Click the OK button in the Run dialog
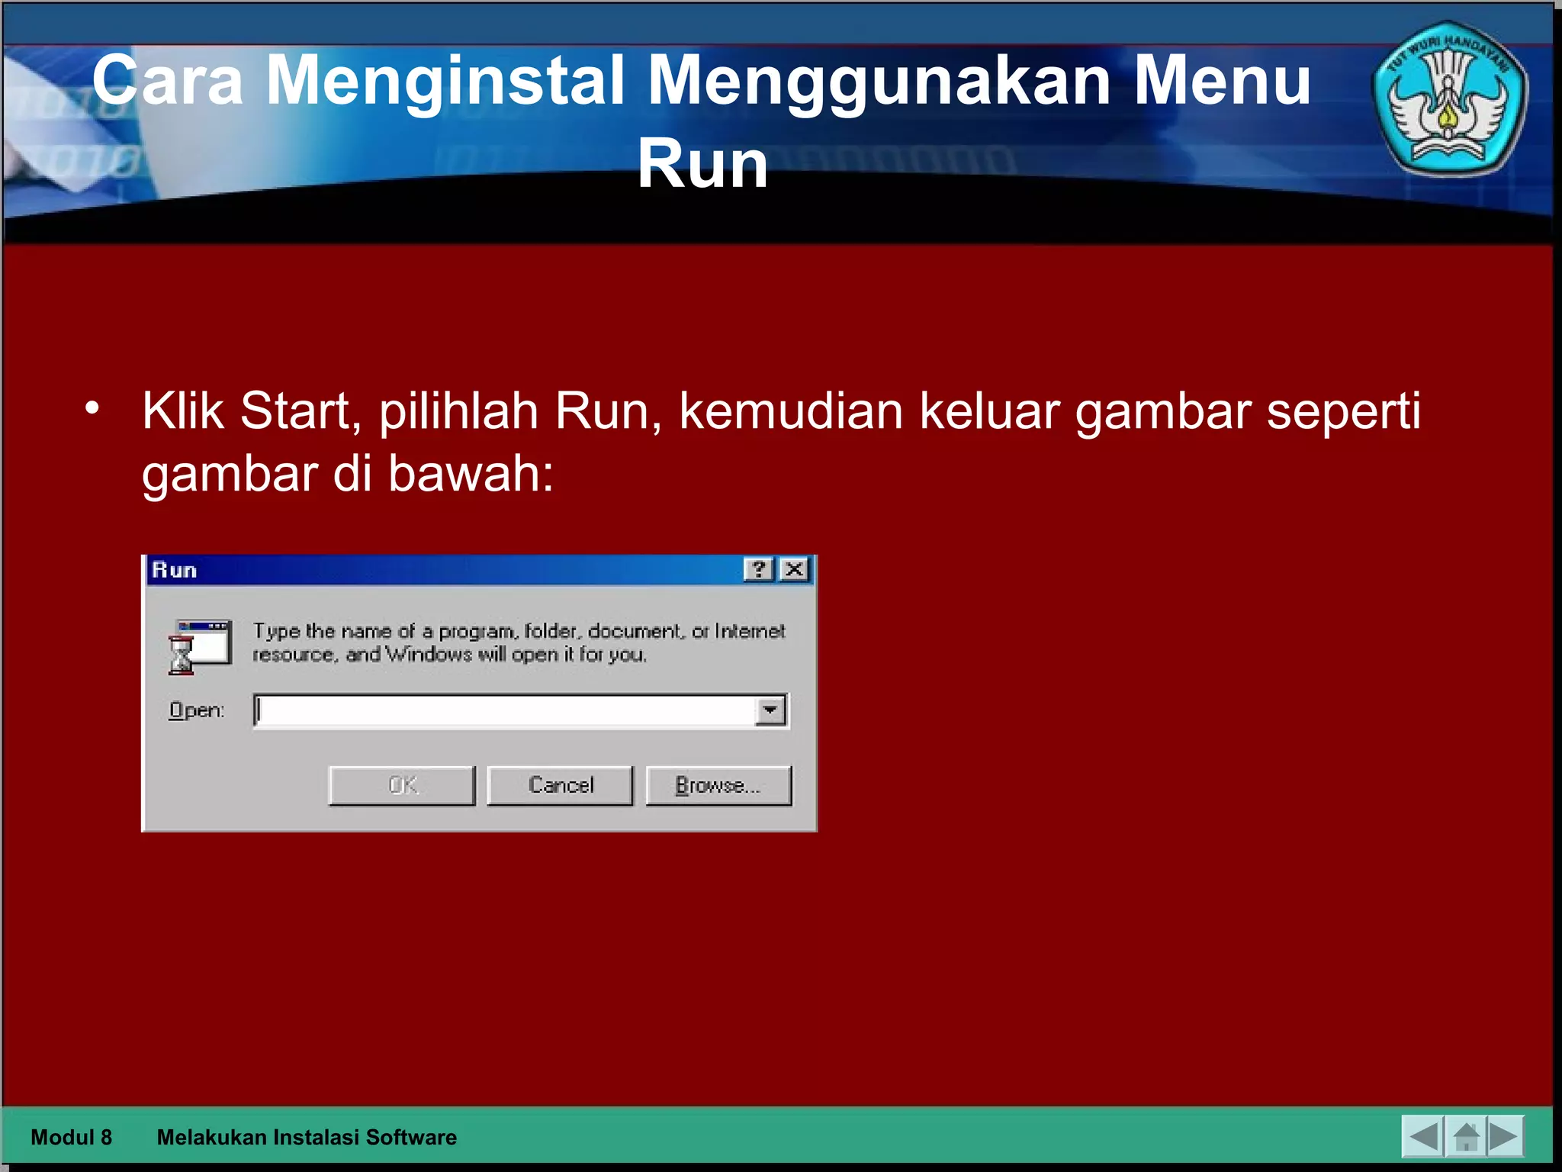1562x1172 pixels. pyautogui.click(x=402, y=785)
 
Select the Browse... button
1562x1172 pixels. pyautogui.click(x=718, y=785)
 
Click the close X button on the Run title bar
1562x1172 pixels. pyautogui.click(x=795, y=569)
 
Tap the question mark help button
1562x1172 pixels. pyautogui.click(x=758, y=569)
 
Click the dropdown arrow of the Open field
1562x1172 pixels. pyautogui.click(x=770, y=710)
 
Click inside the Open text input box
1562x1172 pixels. pyautogui.click(x=503, y=710)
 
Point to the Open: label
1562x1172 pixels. pyautogui.click(x=197, y=710)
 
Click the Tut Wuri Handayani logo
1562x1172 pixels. pyautogui.click(x=1448, y=99)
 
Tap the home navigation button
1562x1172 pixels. pyautogui.click(x=1466, y=1137)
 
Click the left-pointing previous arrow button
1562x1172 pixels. pyautogui.click(x=1423, y=1137)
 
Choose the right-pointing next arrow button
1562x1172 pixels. pyautogui.click(x=1505, y=1137)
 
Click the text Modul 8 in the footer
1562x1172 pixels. pyautogui.click(x=71, y=1137)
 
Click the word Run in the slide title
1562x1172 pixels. pyautogui.click(x=702, y=164)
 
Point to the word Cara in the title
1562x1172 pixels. pyautogui.click(x=168, y=80)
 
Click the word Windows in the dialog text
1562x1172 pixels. pyautogui.click(x=429, y=655)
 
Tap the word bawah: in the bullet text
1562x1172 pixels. pyautogui.click(x=471, y=474)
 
